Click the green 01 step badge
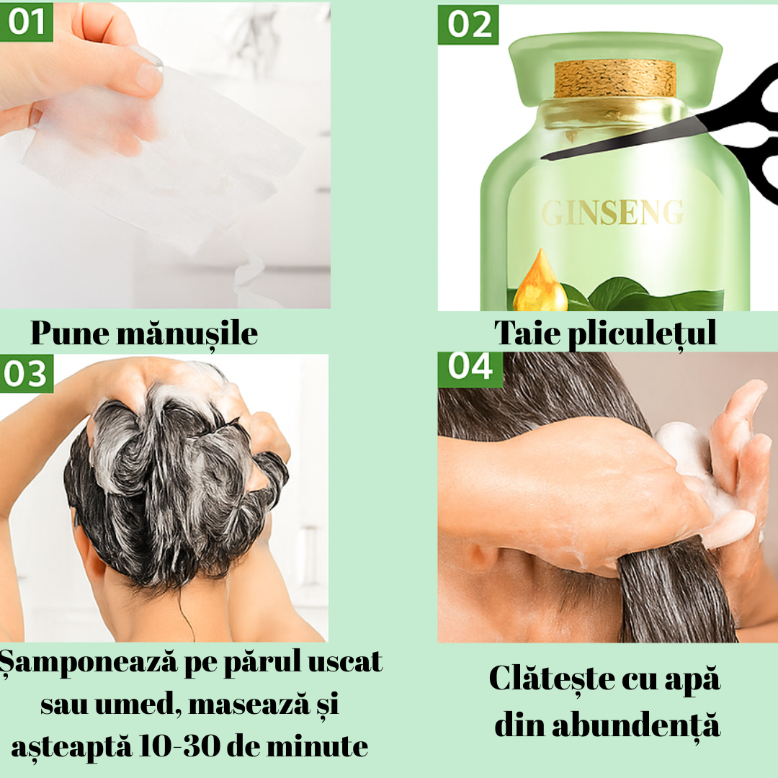26,22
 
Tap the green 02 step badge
468,24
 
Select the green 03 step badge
26,374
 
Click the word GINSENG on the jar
612,213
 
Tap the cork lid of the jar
615,79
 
